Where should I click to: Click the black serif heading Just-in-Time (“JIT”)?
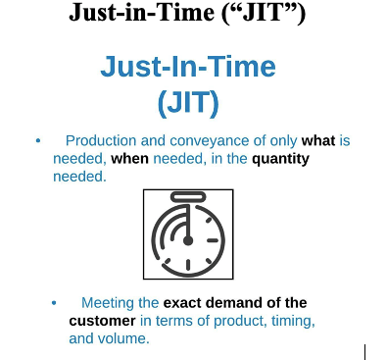(187, 13)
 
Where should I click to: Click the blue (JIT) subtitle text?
(188, 102)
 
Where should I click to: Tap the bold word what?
(318, 141)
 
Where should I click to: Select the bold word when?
(129, 159)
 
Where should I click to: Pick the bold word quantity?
(280, 160)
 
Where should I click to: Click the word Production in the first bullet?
(101, 141)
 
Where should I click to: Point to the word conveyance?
(210, 141)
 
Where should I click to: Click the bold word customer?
(102, 321)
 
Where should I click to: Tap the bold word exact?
(182, 303)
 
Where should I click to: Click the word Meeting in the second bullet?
(108, 303)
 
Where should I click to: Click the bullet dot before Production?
(38, 141)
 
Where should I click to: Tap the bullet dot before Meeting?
(54, 303)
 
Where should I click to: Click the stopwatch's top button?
(188, 197)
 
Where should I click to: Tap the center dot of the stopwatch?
(188, 241)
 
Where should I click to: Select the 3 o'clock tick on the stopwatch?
(213, 241)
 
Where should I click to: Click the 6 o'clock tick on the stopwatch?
(188, 265)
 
